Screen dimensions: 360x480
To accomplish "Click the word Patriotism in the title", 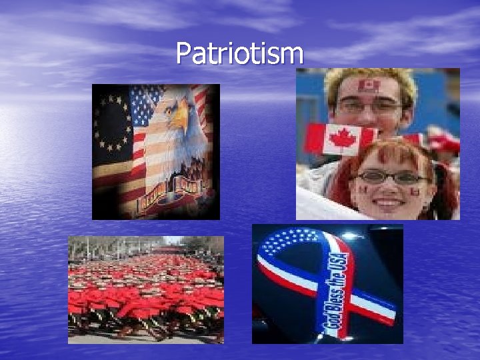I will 239,53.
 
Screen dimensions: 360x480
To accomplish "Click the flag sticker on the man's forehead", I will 368,86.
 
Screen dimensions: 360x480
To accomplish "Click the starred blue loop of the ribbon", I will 293,243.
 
